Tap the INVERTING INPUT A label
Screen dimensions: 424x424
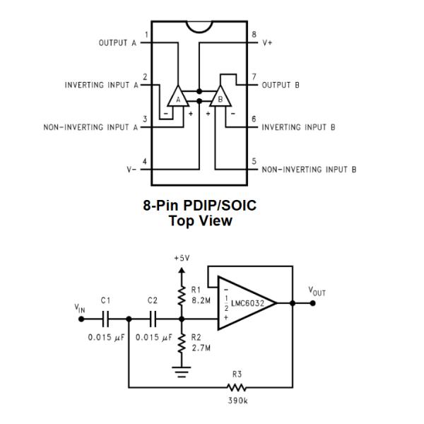point(103,85)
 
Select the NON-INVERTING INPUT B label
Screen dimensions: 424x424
point(309,170)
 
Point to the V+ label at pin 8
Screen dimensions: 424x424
point(267,42)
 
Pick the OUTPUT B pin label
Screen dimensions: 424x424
point(281,85)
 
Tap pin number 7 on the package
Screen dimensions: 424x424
point(253,76)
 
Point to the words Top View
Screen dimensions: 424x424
point(200,220)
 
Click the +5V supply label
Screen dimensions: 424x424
point(182,258)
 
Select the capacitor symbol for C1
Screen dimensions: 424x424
point(105,319)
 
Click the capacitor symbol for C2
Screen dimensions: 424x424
point(153,319)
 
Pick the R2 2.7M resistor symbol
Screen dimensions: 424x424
point(182,343)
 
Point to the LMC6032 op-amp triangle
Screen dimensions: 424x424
point(244,302)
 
